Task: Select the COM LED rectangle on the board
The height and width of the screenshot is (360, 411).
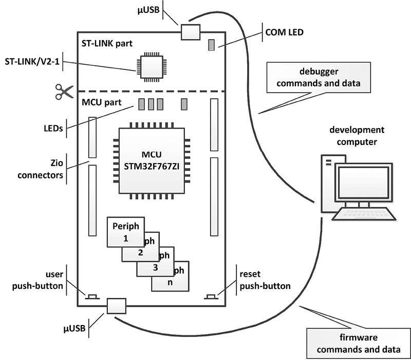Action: pyautogui.click(x=211, y=45)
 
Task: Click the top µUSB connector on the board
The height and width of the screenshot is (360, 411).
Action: pyautogui.click(x=189, y=32)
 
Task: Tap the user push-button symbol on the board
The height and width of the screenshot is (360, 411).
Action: pyautogui.click(x=93, y=296)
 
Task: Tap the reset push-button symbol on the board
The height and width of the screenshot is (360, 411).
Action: pyautogui.click(x=211, y=296)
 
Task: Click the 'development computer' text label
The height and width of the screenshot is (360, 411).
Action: pyautogui.click(x=358, y=135)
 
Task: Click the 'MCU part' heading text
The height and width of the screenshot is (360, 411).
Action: pyautogui.click(x=101, y=102)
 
